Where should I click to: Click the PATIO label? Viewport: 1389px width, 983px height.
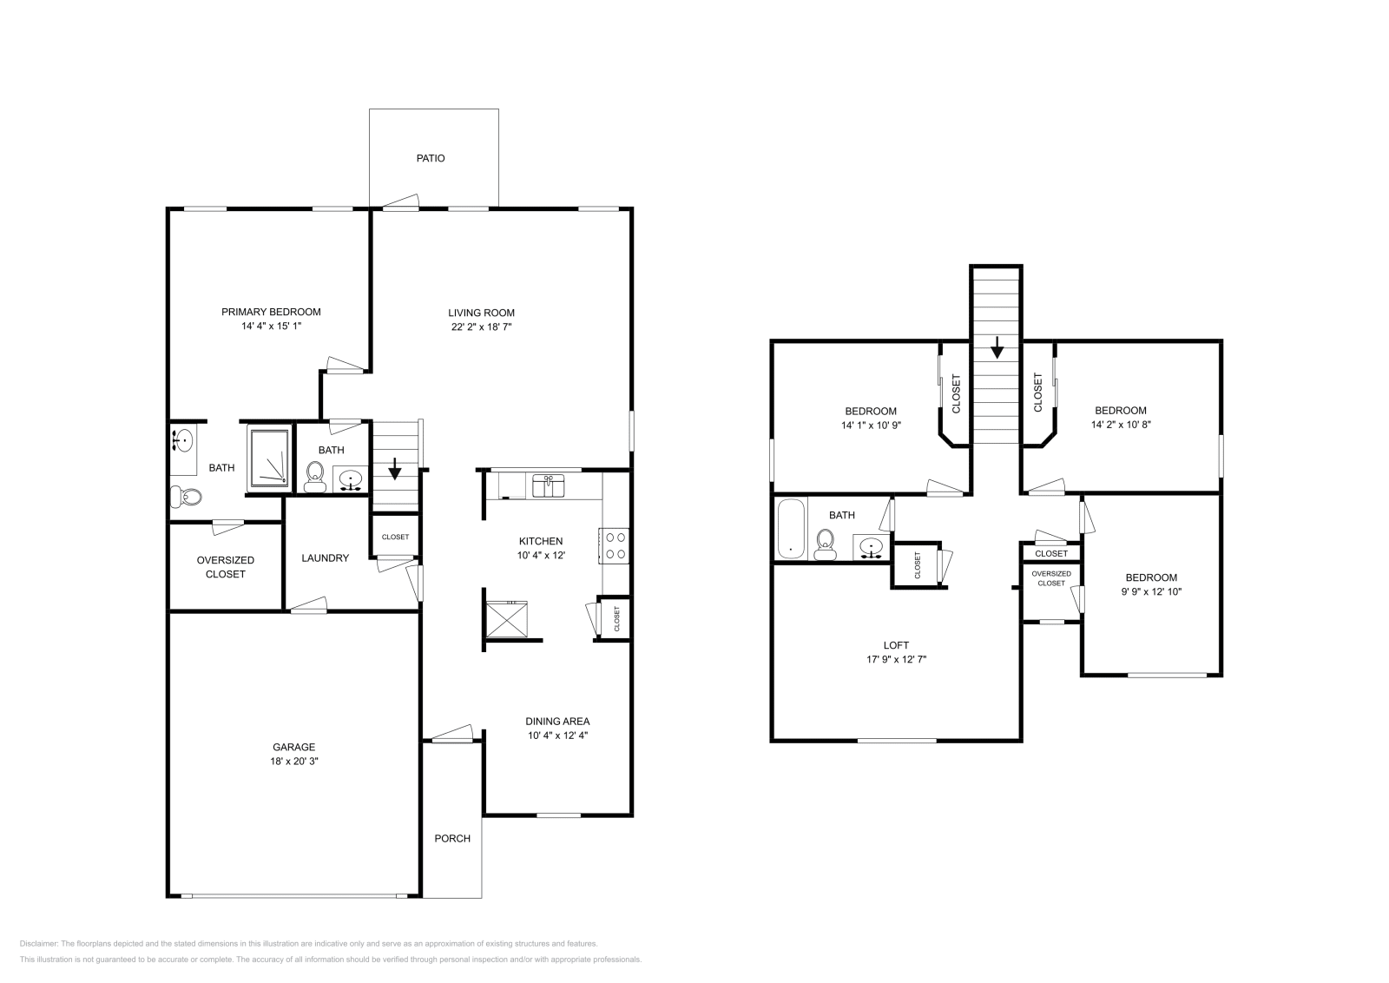pyautogui.click(x=431, y=159)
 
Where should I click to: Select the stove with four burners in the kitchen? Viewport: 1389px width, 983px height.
pyautogui.click(x=616, y=545)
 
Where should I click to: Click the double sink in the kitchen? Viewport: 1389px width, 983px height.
pyautogui.click(x=549, y=485)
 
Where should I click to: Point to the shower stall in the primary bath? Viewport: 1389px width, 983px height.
pyautogui.click(x=269, y=459)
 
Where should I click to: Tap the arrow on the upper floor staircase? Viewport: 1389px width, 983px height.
pyautogui.click(x=997, y=349)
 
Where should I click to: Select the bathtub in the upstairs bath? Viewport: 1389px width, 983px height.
pyautogui.click(x=791, y=528)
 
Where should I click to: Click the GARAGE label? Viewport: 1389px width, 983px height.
pyautogui.click(x=294, y=747)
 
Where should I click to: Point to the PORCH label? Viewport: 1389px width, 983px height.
pyautogui.click(x=452, y=839)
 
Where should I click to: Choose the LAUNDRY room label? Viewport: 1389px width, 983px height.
pyautogui.click(x=325, y=558)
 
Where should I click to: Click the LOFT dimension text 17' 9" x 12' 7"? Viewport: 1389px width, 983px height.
pyautogui.click(x=896, y=660)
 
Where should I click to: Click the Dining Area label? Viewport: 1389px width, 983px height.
pyautogui.click(x=558, y=722)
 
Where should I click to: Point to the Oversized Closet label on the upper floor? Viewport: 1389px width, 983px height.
pyautogui.click(x=1051, y=578)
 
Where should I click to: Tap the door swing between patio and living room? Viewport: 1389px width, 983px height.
pyautogui.click(x=400, y=203)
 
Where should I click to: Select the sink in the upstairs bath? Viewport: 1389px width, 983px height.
pyautogui.click(x=872, y=547)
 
